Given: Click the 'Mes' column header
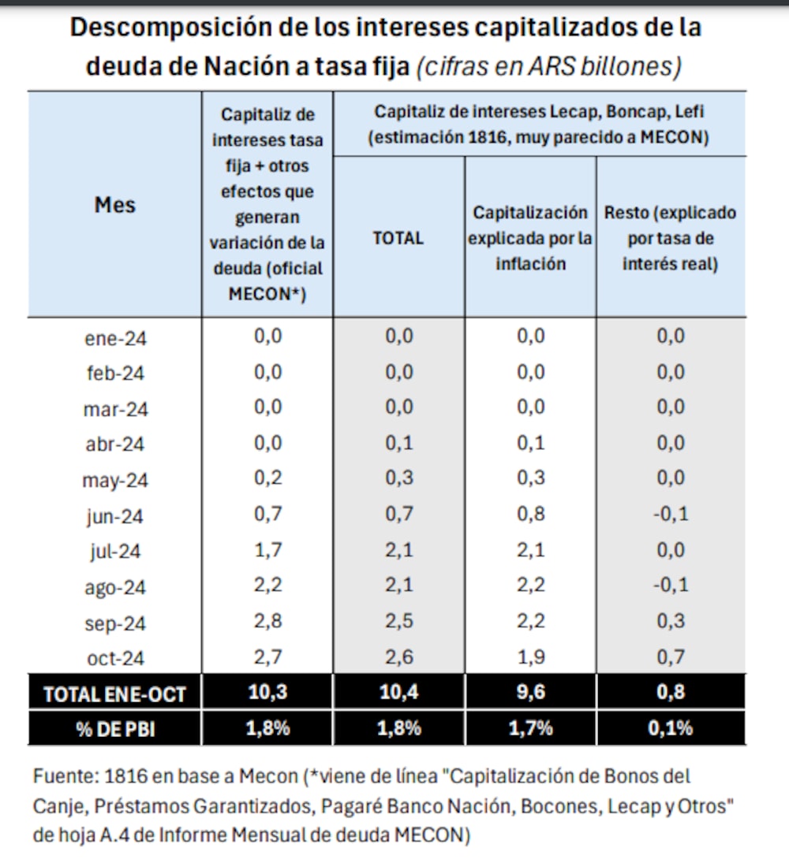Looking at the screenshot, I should pyautogui.click(x=115, y=205).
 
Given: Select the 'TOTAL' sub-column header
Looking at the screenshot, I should pyautogui.click(x=398, y=237).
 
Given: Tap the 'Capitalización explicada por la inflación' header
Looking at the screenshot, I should pyautogui.click(x=530, y=237).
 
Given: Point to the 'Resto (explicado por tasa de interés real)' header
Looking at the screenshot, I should pyautogui.click(x=670, y=237).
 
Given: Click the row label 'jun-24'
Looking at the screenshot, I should pyautogui.click(x=115, y=516).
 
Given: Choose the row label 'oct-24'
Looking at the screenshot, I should pyautogui.click(x=115, y=658).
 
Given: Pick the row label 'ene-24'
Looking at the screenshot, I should pyautogui.click(x=115, y=338).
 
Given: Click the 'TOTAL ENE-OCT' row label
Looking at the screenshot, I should pyautogui.click(x=115, y=694).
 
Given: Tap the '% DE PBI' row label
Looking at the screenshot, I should pyautogui.click(x=115, y=728).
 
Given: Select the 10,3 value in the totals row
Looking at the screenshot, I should pyautogui.click(x=267, y=693).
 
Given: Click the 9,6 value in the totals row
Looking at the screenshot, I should pyautogui.click(x=530, y=693).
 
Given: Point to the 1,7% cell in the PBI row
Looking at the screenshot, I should pyautogui.click(x=530, y=728).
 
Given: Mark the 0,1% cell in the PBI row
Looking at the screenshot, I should pyautogui.click(x=670, y=728).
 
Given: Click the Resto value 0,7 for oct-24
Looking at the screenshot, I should pyautogui.click(x=670, y=657).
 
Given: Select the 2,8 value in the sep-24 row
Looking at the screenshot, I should pyautogui.click(x=267, y=622).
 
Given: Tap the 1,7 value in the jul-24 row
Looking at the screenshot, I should pyautogui.click(x=267, y=551).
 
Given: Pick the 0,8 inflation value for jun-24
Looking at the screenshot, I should pyautogui.click(x=530, y=515).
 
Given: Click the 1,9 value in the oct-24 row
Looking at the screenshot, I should pyautogui.click(x=530, y=657).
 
